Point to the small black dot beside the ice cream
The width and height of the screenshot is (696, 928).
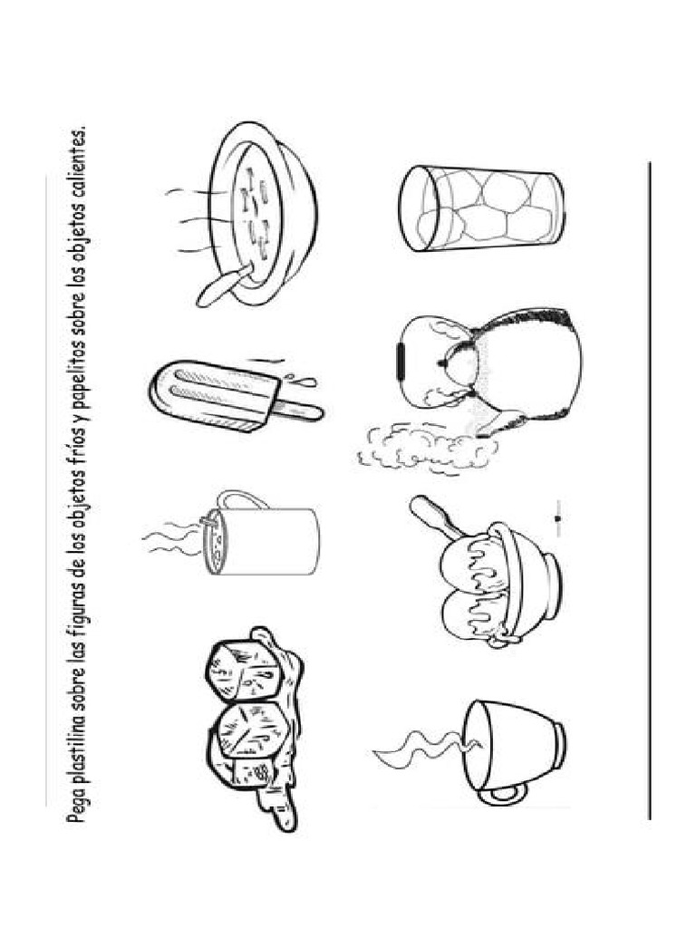557,518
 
